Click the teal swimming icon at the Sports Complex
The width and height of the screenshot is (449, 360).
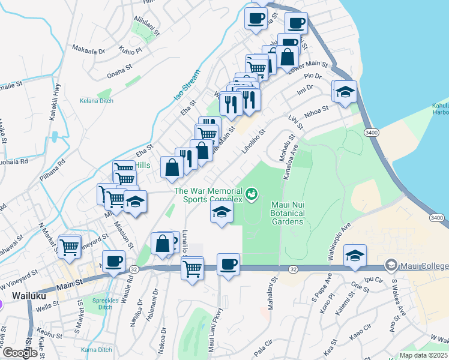(x=252, y=194)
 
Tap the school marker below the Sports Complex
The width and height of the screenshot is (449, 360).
(x=221, y=212)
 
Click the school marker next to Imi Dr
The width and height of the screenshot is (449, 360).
(x=345, y=92)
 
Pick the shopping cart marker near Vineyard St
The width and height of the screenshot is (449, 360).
(x=70, y=245)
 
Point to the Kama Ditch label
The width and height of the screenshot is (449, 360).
(x=96, y=350)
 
